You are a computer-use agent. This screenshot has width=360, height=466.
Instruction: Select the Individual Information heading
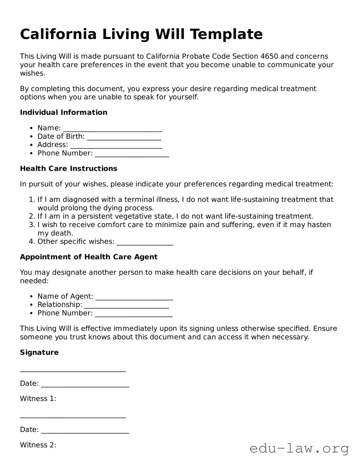pos(64,113)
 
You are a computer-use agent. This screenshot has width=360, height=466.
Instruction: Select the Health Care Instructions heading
pos(69,169)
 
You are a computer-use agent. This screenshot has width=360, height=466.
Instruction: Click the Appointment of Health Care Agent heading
pos(89,257)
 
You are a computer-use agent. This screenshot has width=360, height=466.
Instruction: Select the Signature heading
pos(39,352)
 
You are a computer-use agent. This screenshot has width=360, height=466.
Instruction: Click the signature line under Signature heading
pos(73,371)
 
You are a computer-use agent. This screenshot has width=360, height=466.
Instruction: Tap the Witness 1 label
pos(38,399)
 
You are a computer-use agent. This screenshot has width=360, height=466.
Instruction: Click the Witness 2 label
pos(38,445)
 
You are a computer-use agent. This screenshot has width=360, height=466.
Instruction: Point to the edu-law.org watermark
pos(299,448)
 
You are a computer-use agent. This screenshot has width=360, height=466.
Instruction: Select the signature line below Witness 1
pos(73,417)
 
